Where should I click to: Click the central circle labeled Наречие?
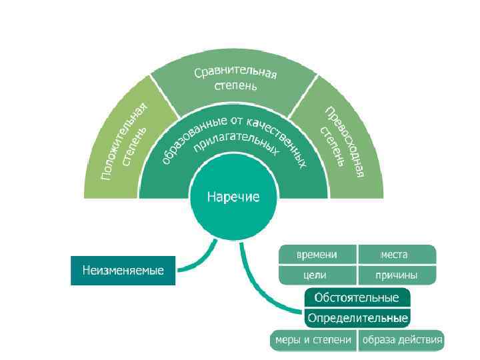[233, 197]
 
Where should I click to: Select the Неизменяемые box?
[123, 271]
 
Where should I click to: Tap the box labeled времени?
[317, 255]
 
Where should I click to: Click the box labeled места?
[396, 255]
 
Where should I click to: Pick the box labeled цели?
[317, 275]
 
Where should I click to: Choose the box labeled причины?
[396, 275]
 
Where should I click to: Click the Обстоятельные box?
[357, 297]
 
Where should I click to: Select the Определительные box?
[357, 316]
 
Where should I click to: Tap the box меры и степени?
[311, 340]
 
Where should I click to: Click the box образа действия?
[401, 340]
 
